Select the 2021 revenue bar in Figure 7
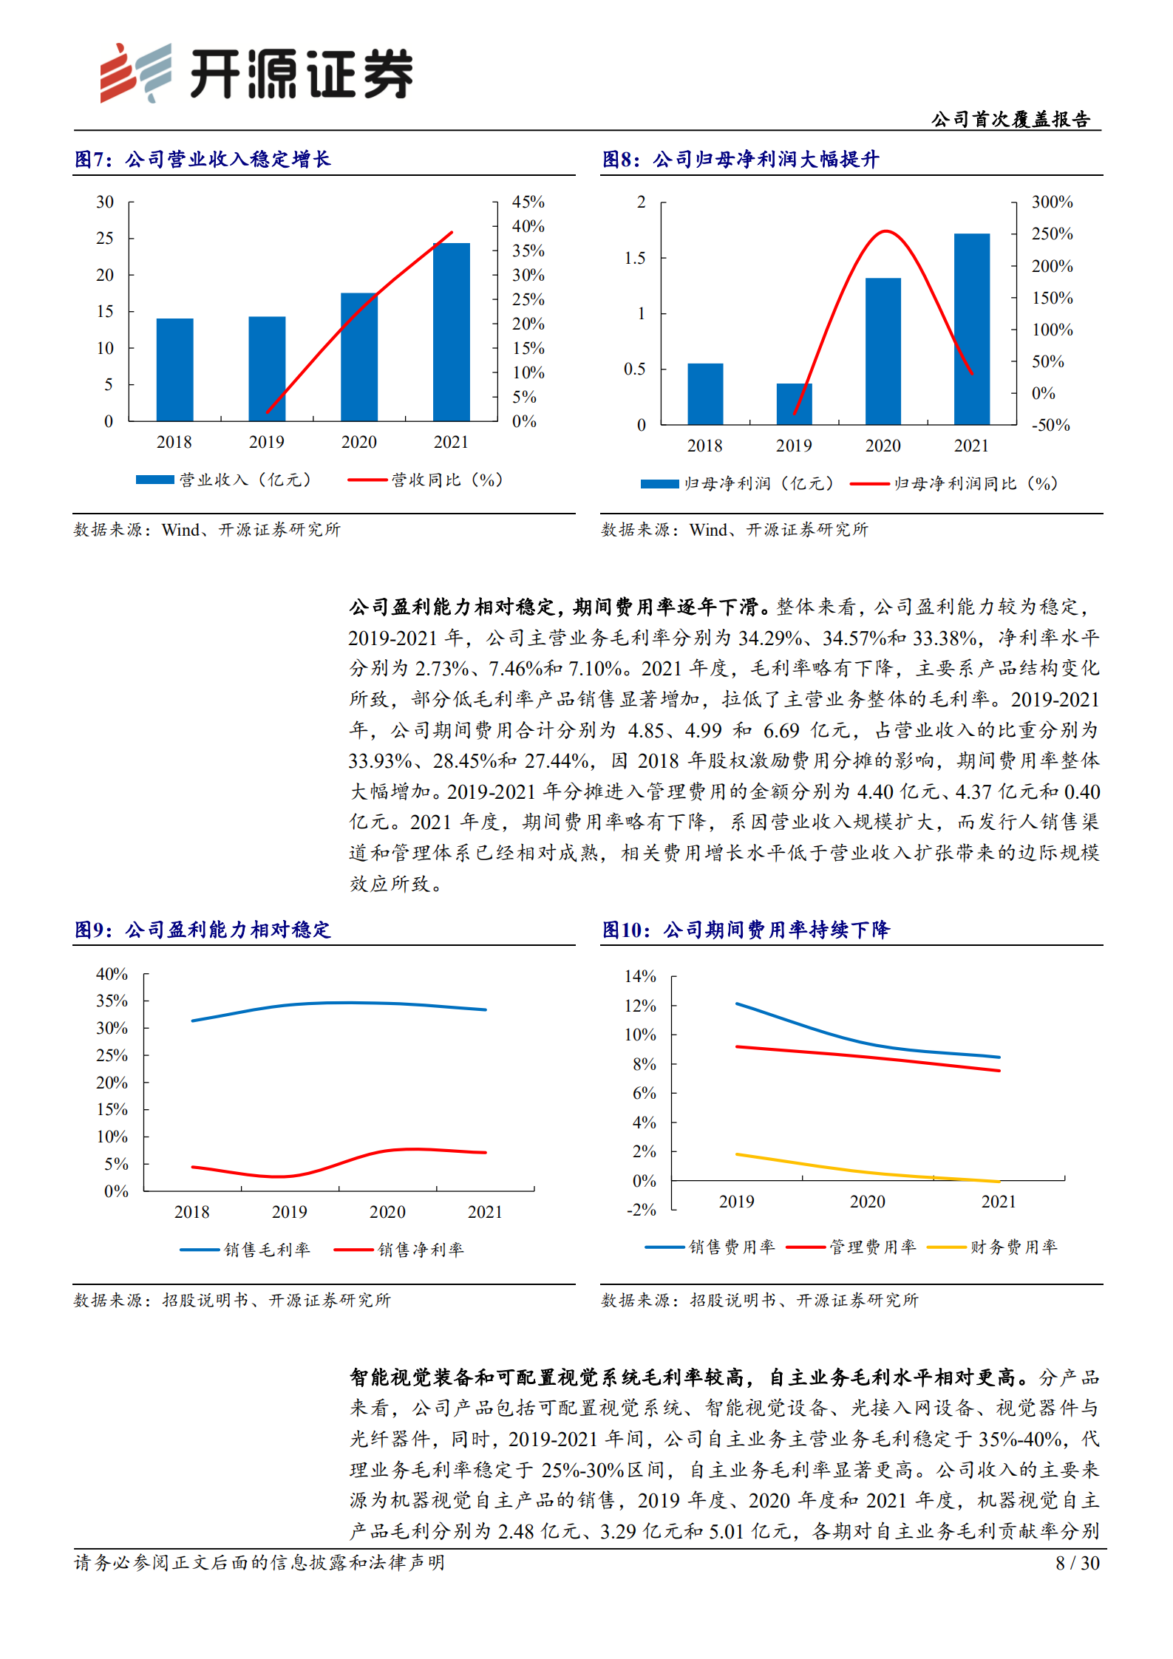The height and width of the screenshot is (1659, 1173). pos(451,332)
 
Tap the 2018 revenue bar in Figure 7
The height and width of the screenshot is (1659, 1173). pos(174,369)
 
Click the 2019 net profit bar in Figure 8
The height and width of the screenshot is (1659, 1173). pos(794,403)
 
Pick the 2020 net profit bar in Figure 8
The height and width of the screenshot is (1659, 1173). pos(883,351)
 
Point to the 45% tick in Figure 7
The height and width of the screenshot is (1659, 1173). pos(528,202)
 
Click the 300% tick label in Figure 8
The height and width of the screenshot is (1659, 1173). pos(1052,202)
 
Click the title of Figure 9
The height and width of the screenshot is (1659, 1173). pos(203,930)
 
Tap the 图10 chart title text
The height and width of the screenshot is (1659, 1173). pos(746,930)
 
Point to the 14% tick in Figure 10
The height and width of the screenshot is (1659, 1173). pos(640,976)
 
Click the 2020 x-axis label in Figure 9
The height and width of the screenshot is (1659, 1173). pos(387,1212)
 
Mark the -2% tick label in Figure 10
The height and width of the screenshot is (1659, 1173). pos(641,1210)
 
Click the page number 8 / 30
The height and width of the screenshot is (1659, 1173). pos(1077,1563)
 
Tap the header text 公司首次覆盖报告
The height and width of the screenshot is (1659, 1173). pos(1010,119)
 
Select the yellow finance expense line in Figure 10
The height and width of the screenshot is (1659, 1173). pos(868,1173)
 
